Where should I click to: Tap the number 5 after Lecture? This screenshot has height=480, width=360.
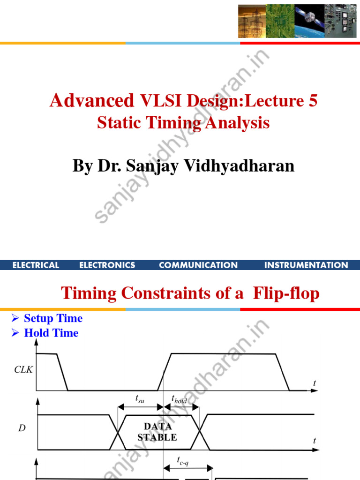(312, 101)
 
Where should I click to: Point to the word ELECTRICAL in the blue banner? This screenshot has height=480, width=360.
(36, 265)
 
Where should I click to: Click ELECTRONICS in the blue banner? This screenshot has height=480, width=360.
(107, 265)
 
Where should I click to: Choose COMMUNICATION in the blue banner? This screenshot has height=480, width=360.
(198, 265)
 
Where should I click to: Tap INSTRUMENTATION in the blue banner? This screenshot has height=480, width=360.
(306, 265)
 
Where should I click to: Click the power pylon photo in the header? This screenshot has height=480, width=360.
(252, 21)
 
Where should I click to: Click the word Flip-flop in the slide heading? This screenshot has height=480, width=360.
(286, 294)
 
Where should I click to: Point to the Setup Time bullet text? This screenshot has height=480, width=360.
(53, 319)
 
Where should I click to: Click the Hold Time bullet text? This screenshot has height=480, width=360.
(51, 333)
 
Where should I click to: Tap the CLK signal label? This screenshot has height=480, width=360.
(23, 369)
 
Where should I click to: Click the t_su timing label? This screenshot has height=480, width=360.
(140, 399)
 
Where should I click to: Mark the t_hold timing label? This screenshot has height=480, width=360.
(180, 399)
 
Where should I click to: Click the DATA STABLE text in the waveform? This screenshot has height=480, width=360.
(157, 432)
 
